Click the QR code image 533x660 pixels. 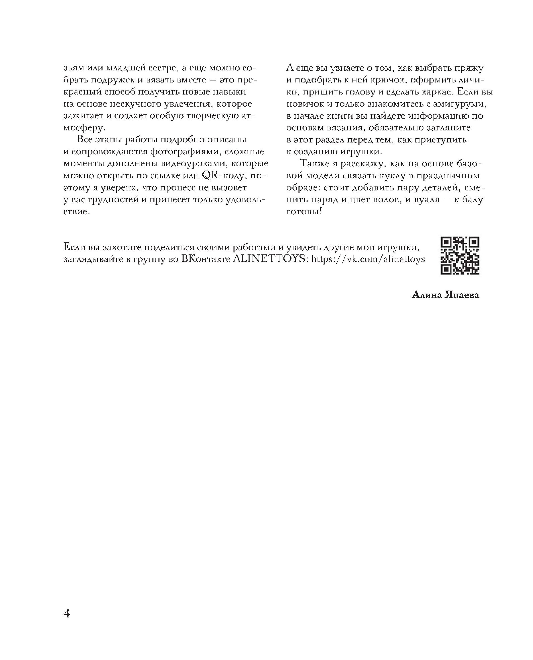pyautogui.click(x=460, y=256)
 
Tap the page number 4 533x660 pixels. pyautogui.click(x=66, y=613)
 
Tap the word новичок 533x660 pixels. pyautogui.click(x=303, y=104)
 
